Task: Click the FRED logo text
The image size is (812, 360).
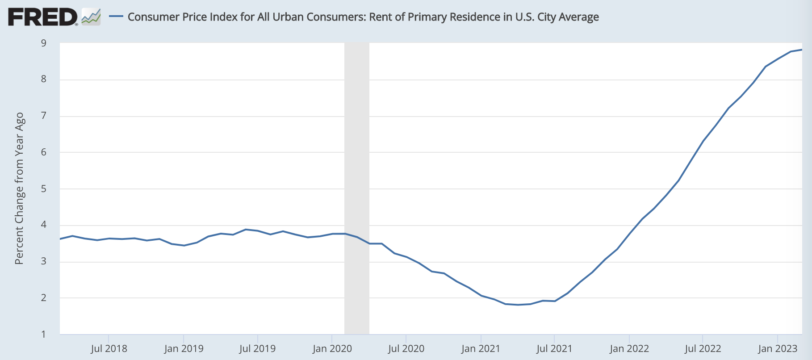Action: (42, 17)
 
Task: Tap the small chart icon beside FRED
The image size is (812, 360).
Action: (91, 17)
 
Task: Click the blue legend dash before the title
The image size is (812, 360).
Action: (116, 17)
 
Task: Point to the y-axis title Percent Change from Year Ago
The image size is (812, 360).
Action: (19, 188)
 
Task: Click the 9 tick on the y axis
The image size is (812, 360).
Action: (44, 43)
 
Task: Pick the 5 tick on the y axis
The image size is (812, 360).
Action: (44, 189)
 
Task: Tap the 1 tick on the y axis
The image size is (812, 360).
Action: (44, 334)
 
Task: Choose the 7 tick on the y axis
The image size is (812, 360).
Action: (44, 116)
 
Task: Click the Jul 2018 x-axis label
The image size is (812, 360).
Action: (109, 349)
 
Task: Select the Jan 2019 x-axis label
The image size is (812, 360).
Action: (184, 349)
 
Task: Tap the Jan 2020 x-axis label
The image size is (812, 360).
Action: (332, 349)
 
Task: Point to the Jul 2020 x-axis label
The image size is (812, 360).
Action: (406, 349)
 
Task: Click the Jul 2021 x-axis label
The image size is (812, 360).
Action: (554, 349)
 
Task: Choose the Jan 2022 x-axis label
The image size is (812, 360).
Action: (629, 349)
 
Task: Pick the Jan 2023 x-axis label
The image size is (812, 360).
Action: (778, 349)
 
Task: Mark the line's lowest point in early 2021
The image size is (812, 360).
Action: (518, 305)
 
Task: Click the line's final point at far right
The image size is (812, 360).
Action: (802, 50)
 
